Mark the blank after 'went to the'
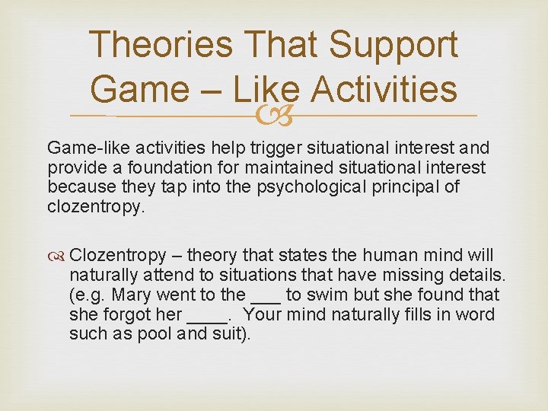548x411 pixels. pos(260,297)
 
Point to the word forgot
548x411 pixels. pos(129,314)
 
